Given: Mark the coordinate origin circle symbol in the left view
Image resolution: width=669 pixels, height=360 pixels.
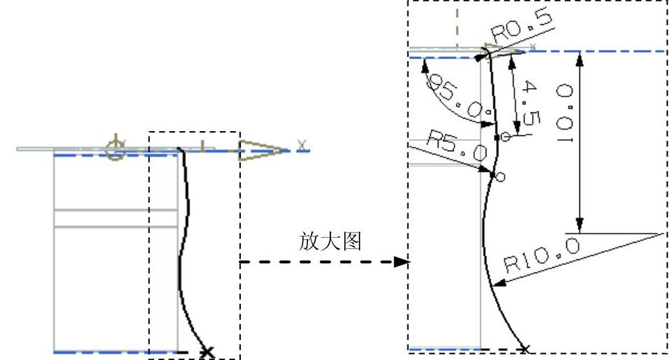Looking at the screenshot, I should coord(115,146).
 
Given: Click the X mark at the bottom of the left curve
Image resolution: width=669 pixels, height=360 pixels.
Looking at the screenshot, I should coord(205,352).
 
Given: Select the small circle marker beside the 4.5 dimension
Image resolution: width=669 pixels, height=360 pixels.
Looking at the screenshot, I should coord(506,137).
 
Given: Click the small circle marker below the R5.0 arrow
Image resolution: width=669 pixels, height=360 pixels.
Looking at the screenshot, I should coord(501,177).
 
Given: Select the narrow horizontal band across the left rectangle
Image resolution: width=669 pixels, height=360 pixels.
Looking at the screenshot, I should coord(116,218).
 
